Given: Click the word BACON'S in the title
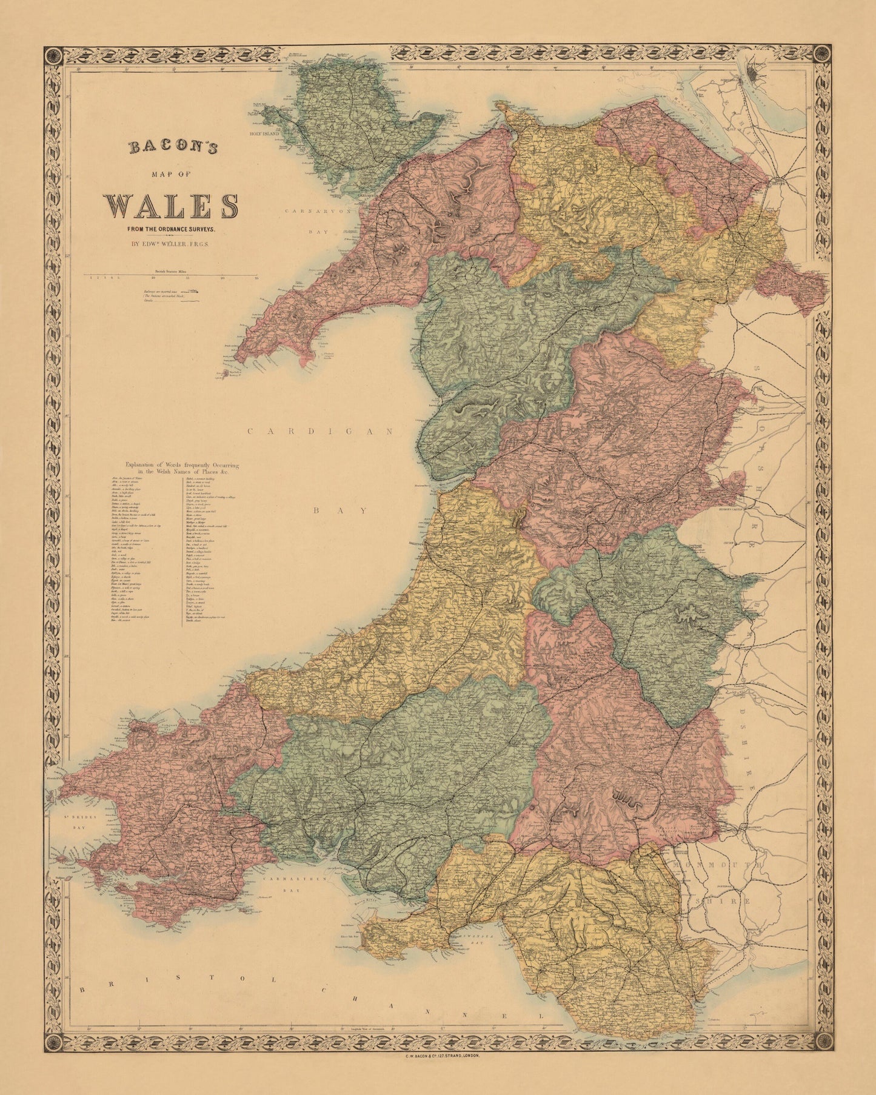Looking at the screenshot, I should (x=171, y=147).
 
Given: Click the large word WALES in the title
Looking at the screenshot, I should (x=171, y=206).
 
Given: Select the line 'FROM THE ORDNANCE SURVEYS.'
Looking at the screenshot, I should (x=171, y=229).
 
